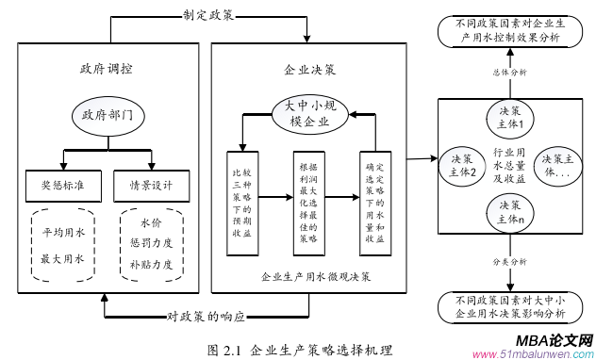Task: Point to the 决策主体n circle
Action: point(509,211)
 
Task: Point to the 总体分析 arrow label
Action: point(509,72)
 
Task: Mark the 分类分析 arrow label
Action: point(509,261)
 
